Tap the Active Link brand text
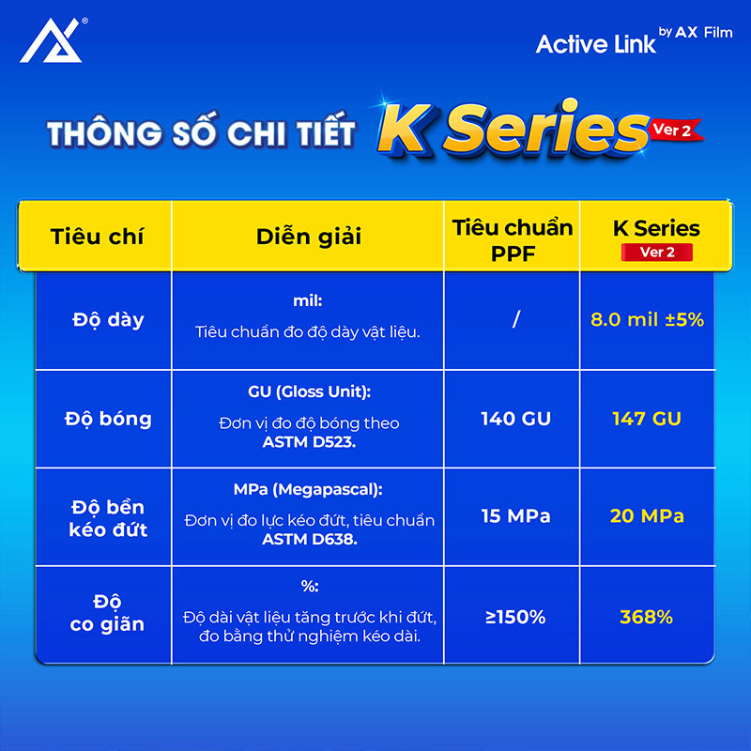[x=595, y=44]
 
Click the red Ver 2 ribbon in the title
[x=675, y=130]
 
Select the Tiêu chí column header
[x=97, y=237]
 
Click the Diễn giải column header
[x=309, y=237]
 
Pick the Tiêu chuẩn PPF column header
[x=513, y=240]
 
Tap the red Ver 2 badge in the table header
[x=656, y=253]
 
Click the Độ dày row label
[x=108, y=320]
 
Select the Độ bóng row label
[x=108, y=419]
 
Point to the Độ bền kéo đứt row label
[x=108, y=518]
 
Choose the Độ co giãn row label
[x=107, y=613]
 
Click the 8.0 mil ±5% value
[x=647, y=319]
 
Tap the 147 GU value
[x=647, y=419]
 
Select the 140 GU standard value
[x=515, y=419]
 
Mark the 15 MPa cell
[x=515, y=515]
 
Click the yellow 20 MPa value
[x=647, y=515]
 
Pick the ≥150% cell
[x=515, y=617]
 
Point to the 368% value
[x=646, y=617]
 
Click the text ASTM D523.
[x=309, y=441]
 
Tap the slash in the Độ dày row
[x=515, y=319]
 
